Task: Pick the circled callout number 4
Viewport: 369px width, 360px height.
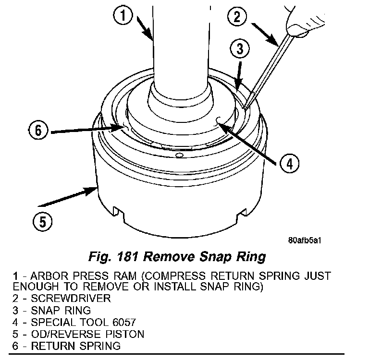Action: [x=287, y=164]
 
